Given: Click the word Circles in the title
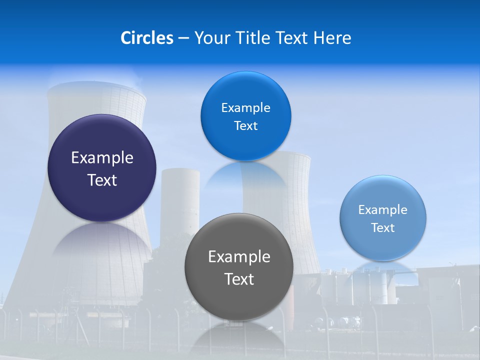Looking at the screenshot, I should (x=147, y=38).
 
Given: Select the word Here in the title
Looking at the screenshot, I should (x=332, y=38).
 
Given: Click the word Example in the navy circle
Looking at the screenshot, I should (x=102, y=157).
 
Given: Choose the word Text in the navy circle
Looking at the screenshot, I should (x=102, y=180).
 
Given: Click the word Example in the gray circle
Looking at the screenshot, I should (x=239, y=256).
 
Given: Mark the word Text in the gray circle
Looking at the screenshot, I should (x=239, y=279).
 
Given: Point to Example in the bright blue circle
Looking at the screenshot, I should (x=245, y=107).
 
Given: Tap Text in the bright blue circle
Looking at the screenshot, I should (x=245, y=125).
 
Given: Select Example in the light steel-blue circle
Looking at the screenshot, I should (x=382, y=209).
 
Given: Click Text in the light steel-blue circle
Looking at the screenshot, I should (x=382, y=227).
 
